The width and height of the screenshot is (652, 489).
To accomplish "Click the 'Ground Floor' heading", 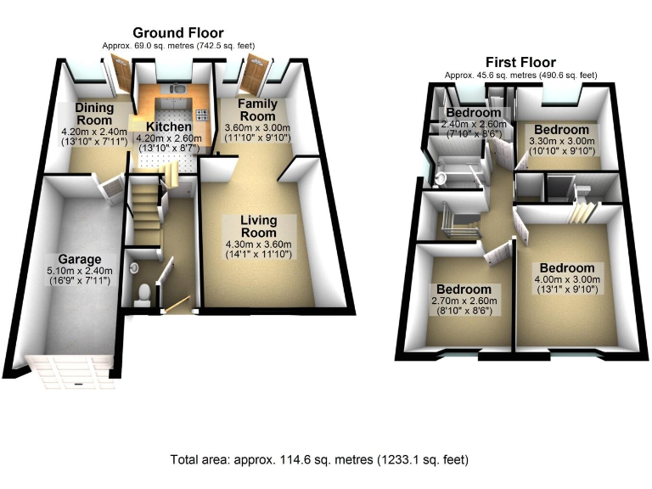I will pyautogui.click(x=178, y=32).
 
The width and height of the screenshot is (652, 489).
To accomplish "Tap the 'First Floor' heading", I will pyautogui.click(x=520, y=62).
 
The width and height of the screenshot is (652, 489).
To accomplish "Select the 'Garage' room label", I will pyautogui.click(x=80, y=259).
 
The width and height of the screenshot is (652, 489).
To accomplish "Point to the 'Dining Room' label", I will pyautogui.click(x=94, y=114).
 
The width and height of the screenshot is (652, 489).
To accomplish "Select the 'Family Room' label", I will pyautogui.click(x=256, y=110).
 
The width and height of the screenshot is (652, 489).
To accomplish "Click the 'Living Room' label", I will pyautogui.click(x=259, y=226).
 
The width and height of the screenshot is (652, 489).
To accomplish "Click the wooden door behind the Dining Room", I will pyautogui.click(x=122, y=74).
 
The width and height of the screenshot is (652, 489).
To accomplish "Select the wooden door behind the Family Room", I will pyautogui.click(x=254, y=74).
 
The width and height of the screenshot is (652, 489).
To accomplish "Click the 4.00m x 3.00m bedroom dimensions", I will pyautogui.click(x=566, y=281).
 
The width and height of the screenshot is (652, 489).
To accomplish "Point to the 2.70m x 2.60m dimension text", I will pyautogui.click(x=464, y=301).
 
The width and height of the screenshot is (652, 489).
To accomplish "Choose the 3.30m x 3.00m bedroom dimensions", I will pyautogui.click(x=561, y=142).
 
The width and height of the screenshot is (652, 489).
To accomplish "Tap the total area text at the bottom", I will pyautogui.click(x=319, y=459).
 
